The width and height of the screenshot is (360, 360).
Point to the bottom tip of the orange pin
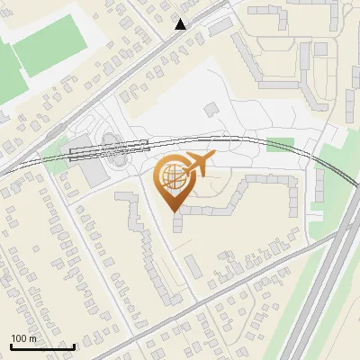[175, 212]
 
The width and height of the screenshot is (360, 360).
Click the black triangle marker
[181, 24]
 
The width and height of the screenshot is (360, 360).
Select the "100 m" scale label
[23, 338]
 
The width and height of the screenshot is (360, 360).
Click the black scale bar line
[42, 346]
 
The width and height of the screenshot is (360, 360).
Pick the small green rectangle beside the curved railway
[280, 145]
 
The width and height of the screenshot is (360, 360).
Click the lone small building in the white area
[210, 109]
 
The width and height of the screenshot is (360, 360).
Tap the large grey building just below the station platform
[93, 171]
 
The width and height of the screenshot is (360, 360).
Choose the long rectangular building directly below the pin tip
[192, 266]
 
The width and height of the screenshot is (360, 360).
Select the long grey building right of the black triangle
[220, 27]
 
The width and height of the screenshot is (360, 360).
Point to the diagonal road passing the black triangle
[135, 54]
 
